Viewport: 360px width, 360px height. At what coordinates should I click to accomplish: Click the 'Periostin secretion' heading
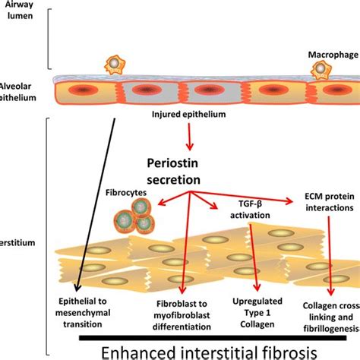click(173, 171)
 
